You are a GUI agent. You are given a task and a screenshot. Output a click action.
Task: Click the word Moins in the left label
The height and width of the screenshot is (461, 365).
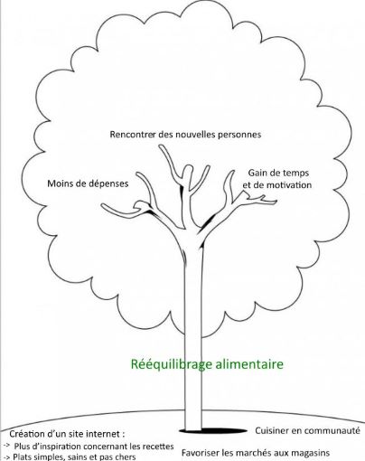coord(57,183)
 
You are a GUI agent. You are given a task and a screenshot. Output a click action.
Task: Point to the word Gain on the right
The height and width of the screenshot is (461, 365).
coord(257,173)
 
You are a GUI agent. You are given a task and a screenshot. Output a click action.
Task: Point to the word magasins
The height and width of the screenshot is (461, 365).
coord(311,453)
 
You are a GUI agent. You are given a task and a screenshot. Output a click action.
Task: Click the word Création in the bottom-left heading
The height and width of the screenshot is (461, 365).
coord(26,434)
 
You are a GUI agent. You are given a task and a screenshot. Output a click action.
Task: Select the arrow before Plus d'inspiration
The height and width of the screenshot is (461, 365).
coord(6,446)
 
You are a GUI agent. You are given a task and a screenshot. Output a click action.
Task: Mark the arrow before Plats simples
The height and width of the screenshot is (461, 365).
coord(6,456)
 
